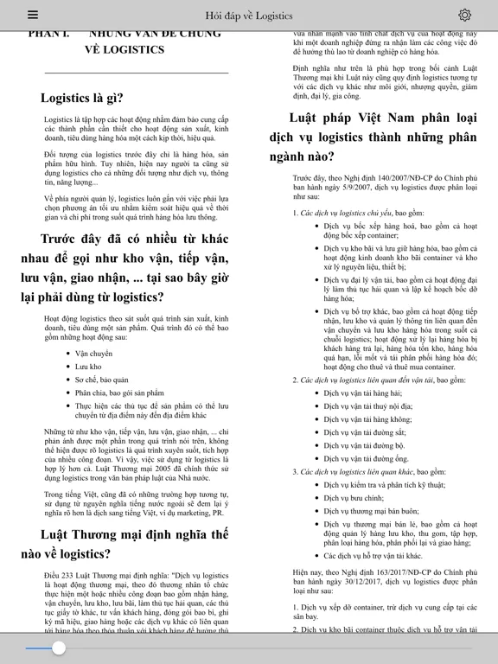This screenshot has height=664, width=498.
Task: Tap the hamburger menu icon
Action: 33,15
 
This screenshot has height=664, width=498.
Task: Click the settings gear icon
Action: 464,15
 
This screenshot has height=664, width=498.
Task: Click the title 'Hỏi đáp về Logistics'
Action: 248,16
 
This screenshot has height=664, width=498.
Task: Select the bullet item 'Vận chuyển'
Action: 94,354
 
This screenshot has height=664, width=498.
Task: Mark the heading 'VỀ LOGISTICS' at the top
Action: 124,49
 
